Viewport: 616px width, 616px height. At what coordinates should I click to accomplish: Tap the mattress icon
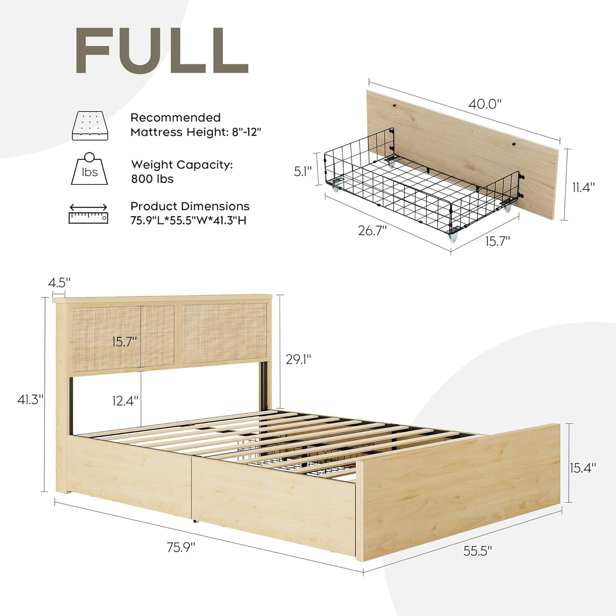[90, 126]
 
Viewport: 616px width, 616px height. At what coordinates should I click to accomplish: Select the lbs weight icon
[89, 169]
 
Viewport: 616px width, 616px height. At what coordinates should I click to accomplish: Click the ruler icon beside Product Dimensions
[89, 214]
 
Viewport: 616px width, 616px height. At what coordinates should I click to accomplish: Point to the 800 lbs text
[152, 179]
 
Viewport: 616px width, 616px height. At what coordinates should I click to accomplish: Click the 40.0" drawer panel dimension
[485, 104]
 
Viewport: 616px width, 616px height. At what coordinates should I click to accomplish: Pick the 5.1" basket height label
[303, 171]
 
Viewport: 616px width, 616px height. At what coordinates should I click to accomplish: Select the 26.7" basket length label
[372, 230]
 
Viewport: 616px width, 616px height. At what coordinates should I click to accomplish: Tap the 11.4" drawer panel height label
[584, 188]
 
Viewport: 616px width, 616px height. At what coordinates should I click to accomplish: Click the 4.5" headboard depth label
[59, 283]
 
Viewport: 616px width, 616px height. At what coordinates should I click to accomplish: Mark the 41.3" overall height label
[30, 400]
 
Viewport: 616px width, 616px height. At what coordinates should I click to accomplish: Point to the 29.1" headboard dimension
[298, 359]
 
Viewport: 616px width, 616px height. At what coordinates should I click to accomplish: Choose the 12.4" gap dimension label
[125, 400]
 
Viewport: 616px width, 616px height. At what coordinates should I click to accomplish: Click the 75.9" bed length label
[181, 547]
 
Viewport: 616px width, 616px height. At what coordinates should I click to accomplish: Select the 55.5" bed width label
[478, 551]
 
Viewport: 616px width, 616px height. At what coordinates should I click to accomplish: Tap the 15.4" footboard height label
[583, 468]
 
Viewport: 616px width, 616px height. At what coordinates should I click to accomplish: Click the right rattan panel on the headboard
[223, 333]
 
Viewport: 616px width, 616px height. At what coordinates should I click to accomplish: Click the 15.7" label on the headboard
[124, 342]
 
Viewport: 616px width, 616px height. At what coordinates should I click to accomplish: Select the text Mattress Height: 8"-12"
[196, 132]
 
